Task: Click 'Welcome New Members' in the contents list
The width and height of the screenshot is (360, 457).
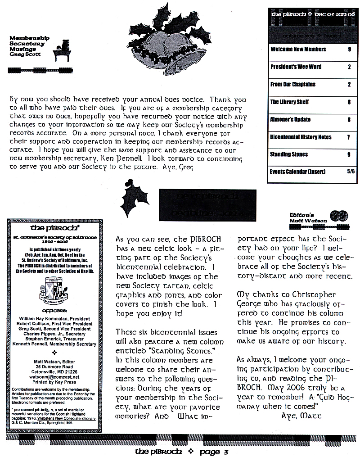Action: pos(298,49)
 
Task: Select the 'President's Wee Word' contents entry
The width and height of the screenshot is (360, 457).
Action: pos(296,67)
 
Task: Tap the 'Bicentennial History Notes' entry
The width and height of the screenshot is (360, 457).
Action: pos(300,137)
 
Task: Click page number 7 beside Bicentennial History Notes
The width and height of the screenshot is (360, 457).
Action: pos(348,137)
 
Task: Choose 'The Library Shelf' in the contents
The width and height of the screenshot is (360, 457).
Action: pos(289,102)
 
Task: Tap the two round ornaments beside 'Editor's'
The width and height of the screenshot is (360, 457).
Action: pos(338,215)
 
